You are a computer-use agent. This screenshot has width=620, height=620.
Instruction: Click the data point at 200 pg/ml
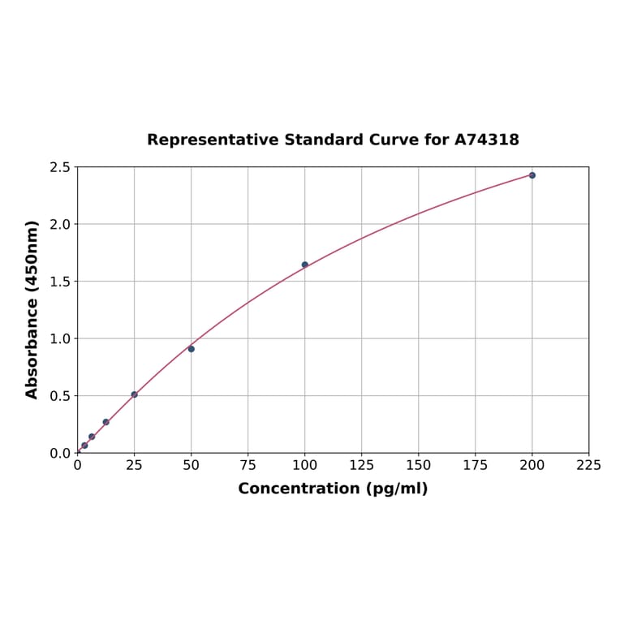coord(532,175)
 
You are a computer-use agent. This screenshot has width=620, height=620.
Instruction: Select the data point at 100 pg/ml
coord(305,265)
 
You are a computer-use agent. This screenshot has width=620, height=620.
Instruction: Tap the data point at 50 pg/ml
coord(192,349)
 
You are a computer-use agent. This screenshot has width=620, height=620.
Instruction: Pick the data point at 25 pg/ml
coord(135,394)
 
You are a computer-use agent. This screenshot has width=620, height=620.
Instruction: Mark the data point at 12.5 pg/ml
coord(106,422)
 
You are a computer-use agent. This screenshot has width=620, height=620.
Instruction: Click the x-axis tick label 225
coord(589,465)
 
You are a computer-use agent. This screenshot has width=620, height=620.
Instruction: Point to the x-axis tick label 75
coord(248,465)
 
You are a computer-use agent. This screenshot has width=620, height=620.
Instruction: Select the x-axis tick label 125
coord(362,465)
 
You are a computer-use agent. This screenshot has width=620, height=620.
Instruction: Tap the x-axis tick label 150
coord(419,465)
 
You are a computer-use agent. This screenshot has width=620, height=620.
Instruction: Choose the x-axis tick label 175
coord(476,465)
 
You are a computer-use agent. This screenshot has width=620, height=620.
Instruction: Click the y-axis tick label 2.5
coord(60,167)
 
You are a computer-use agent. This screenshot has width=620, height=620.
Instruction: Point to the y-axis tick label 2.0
coord(60,224)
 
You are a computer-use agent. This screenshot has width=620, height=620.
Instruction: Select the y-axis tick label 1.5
coord(60,282)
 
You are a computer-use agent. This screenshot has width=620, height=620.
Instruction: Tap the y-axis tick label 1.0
coord(60,338)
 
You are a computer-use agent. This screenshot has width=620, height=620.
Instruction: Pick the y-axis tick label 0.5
coord(60,396)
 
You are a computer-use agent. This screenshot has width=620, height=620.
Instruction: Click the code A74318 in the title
coord(487,140)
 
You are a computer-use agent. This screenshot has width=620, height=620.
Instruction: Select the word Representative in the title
coord(213,140)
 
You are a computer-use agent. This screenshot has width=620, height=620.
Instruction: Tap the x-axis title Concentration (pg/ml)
coord(333,489)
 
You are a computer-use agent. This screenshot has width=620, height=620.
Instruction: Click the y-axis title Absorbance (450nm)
coord(32,309)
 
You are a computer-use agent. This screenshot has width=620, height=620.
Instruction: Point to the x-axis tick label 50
coord(192,465)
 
